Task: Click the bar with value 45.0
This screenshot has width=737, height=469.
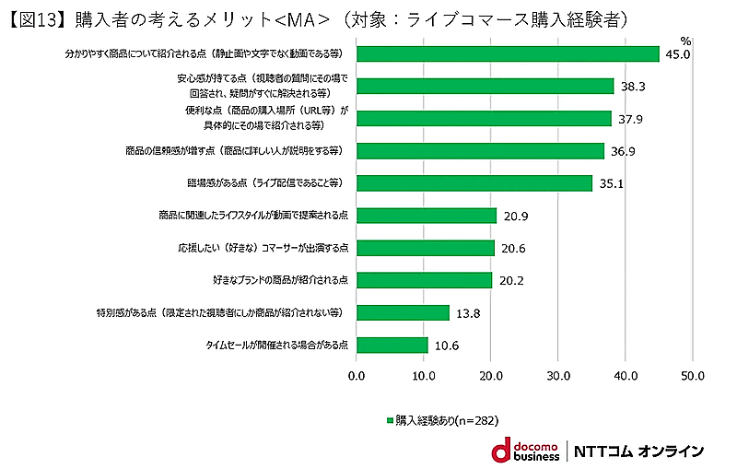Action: (x=508, y=53)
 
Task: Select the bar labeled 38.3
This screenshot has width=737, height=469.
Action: (x=485, y=86)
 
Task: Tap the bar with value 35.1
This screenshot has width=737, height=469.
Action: (x=474, y=182)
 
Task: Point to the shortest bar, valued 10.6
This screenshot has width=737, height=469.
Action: (x=392, y=345)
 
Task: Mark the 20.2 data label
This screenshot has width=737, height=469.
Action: (x=512, y=281)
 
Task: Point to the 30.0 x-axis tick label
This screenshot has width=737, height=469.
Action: (x=557, y=376)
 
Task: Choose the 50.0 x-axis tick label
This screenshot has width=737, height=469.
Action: (x=692, y=376)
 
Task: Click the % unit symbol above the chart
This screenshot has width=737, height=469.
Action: (x=684, y=41)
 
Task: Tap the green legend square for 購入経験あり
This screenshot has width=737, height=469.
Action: (x=390, y=420)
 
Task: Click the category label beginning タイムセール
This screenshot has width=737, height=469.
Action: (x=276, y=345)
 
